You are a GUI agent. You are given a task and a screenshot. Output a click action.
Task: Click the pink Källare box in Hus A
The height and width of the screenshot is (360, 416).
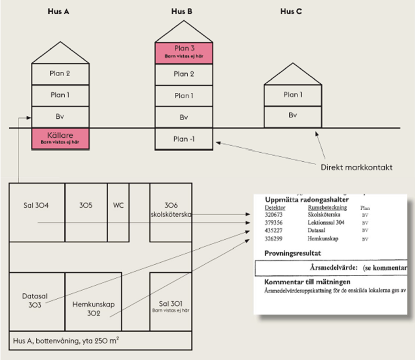coord(60,138)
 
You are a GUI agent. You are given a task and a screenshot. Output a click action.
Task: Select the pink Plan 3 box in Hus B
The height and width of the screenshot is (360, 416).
coord(184,53)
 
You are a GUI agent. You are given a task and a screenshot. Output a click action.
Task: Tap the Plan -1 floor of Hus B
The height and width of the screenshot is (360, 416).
coord(184,139)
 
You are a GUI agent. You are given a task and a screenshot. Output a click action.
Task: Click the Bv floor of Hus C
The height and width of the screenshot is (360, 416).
coord(293,116)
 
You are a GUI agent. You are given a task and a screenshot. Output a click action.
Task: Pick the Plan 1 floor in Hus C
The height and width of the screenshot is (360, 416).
coord(293,95)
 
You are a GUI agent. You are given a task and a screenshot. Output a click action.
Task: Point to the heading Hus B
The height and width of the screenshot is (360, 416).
coord(182,11)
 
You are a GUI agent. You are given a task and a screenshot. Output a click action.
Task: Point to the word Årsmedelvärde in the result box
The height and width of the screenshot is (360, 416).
coord(331,268)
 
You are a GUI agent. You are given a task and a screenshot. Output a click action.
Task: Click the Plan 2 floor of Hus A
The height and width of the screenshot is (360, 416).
coord(60,73)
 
